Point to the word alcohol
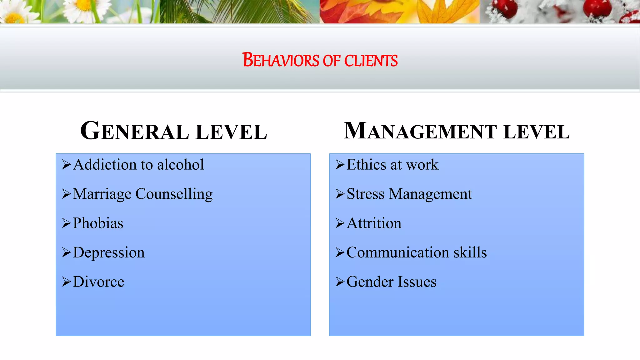click(x=180, y=165)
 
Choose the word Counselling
click(x=174, y=194)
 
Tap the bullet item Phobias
click(x=98, y=223)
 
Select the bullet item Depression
click(x=109, y=252)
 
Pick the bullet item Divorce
click(x=98, y=282)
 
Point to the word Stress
click(x=365, y=194)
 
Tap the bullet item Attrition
click(x=374, y=223)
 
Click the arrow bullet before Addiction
click(x=66, y=164)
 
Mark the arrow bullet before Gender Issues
click(x=340, y=282)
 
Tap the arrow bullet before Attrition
click(x=340, y=223)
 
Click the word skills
click(x=470, y=252)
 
